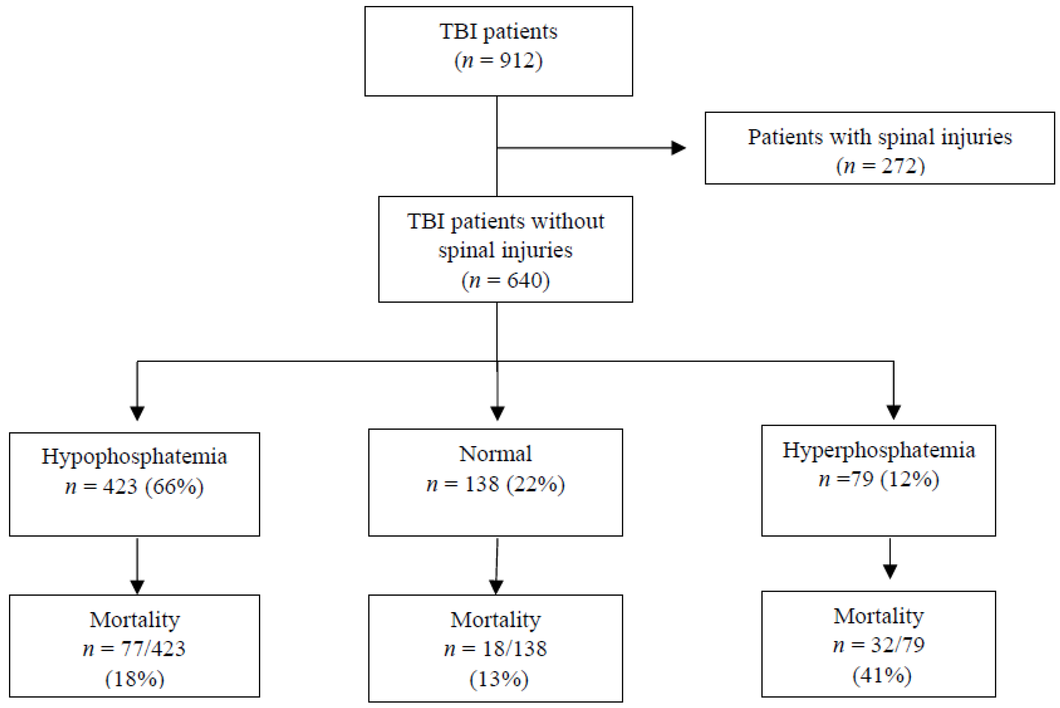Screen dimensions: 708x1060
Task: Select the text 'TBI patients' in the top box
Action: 498,32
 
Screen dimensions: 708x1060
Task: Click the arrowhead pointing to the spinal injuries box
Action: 678,148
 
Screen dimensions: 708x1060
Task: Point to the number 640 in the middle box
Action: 524,280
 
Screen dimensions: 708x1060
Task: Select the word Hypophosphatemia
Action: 134,456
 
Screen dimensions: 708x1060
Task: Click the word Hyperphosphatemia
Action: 878,450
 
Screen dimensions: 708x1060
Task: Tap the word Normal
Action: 495,454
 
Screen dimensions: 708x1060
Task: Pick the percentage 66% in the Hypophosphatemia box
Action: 174,487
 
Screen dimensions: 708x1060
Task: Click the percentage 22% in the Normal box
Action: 535,484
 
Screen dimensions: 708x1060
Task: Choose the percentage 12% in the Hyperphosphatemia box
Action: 910,479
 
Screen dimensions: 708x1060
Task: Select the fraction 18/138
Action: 514,648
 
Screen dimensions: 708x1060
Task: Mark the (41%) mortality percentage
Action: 882,675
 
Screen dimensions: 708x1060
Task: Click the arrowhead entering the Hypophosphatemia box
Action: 137,413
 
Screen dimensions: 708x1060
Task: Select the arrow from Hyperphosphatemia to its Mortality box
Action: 890,560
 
